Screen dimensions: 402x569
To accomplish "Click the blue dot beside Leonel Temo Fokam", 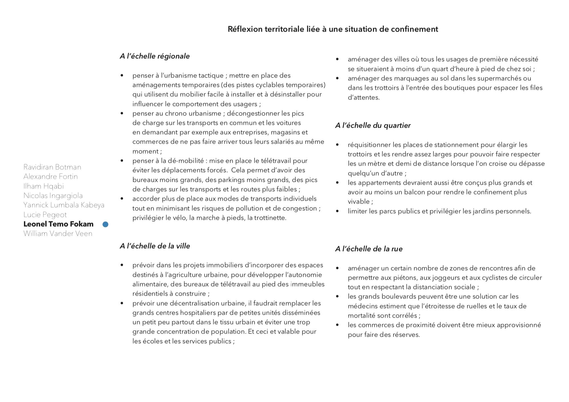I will point(105,224).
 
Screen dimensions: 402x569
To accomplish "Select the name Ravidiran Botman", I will point(52,167).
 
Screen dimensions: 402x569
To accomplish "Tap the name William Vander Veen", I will point(58,234).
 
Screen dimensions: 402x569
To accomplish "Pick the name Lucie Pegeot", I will point(45,215).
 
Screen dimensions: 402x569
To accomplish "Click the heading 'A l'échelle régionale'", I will point(155,56).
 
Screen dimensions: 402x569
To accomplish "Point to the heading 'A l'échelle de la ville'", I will point(155,246).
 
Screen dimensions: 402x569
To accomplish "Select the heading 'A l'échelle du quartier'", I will point(373,125).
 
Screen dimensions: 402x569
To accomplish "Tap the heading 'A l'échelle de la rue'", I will point(369,249).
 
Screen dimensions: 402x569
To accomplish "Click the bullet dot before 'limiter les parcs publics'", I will point(338,211).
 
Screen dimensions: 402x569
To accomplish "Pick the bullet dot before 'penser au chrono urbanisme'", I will point(122,113).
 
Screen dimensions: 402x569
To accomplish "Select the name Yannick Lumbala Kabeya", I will point(64,205).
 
